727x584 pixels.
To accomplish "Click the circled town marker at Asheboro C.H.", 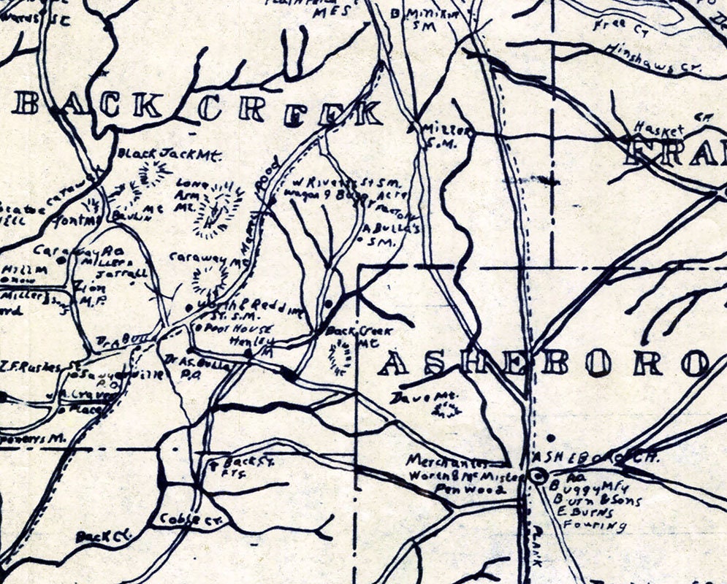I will [x=539, y=477].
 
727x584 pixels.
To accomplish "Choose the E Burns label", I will [x=583, y=513].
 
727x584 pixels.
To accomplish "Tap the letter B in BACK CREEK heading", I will [x=27, y=106].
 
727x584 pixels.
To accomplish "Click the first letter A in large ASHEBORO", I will [x=395, y=363].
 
